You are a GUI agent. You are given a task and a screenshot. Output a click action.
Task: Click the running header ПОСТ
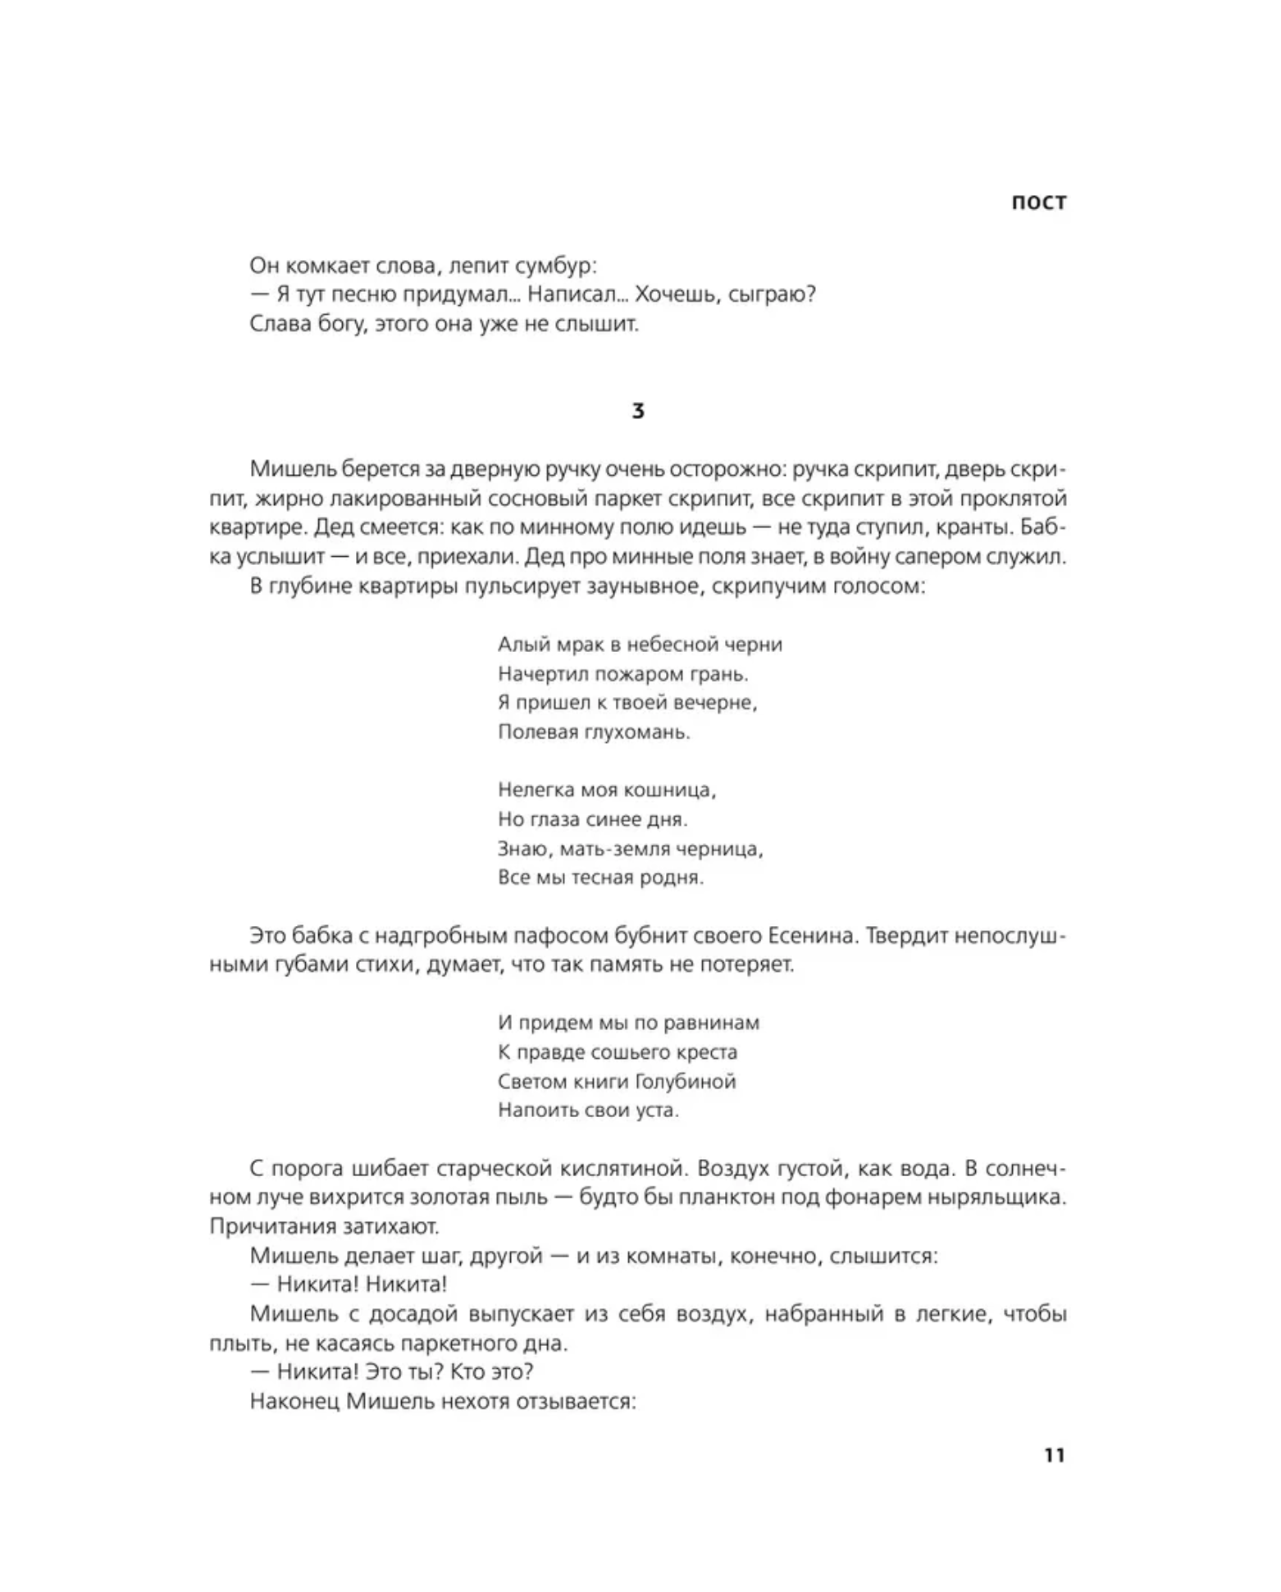(1038, 203)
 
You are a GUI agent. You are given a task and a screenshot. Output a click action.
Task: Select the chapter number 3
(638, 411)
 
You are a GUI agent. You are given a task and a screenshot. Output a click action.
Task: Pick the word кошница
(669, 790)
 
